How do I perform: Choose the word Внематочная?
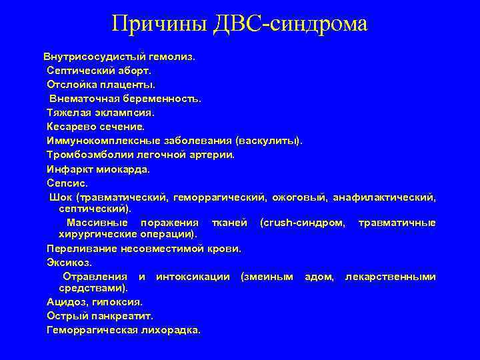83,98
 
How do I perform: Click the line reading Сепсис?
67,183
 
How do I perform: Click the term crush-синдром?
303,222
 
